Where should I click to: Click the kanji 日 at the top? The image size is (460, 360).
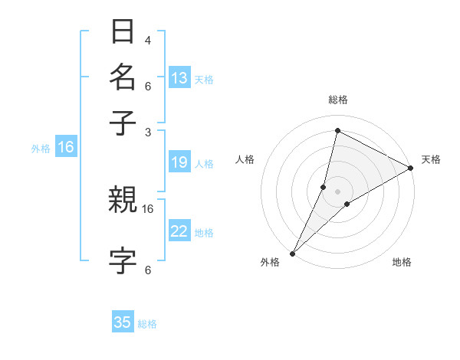coord(123,33)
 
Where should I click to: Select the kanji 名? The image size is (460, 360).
coord(123,77)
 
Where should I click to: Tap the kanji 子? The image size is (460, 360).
coord(123,122)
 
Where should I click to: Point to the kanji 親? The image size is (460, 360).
coord(123,201)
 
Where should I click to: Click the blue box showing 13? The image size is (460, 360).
coord(179,78)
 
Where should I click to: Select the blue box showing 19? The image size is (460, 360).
coord(179,162)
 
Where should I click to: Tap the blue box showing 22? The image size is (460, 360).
coord(179,231)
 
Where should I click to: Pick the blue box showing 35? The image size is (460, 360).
coord(123,322)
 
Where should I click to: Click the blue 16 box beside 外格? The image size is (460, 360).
coord(66,147)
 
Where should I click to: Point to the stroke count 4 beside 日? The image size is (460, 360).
coord(147,41)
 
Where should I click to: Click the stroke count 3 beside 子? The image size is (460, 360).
coord(147,132)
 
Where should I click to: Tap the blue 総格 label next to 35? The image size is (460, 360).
coord(147,324)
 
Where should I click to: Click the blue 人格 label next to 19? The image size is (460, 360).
coord(204,164)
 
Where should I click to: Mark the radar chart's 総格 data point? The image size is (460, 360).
coord(337,130)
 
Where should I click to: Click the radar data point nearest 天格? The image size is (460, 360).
coord(411,169)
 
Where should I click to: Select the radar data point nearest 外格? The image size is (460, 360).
coord(292,253)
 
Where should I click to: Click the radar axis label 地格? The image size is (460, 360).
coord(402,263)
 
